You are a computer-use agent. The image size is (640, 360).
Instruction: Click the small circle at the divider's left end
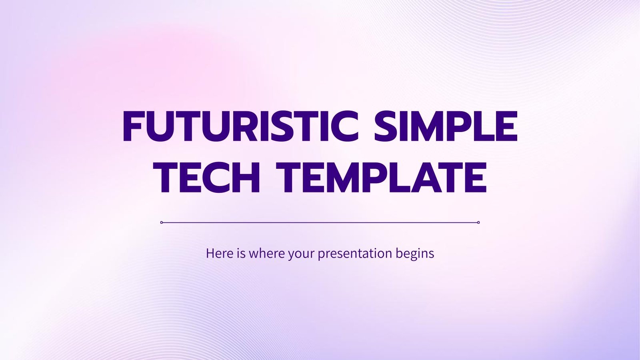coord(161,222)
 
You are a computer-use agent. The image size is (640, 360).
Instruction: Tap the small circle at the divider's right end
coord(478,222)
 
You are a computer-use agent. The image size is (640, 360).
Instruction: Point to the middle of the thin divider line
coord(320,222)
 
